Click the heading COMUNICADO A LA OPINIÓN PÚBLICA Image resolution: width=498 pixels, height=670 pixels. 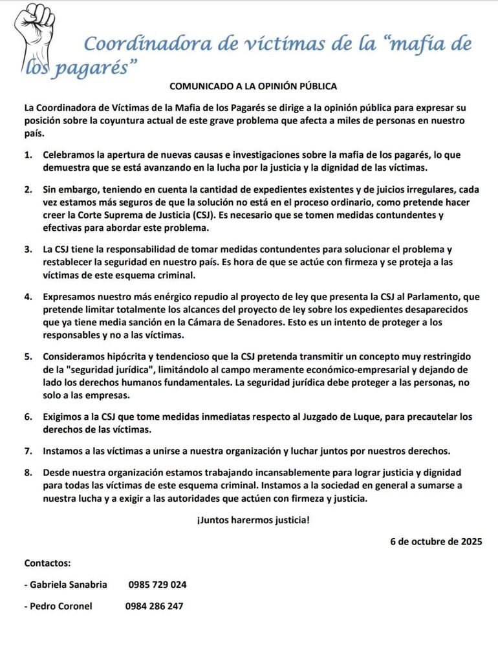coord(254,85)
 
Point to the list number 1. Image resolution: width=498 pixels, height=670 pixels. coord(28,156)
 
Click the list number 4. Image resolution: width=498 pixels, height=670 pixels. coord(28,297)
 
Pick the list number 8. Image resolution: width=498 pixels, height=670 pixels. coord(28,473)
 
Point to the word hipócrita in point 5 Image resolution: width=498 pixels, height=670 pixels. coord(124,356)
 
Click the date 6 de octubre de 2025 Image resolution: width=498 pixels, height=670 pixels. coord(435,541)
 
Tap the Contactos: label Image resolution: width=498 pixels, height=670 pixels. coord(47,563)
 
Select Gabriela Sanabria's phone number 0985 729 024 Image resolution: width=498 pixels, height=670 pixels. coord(158,585)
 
